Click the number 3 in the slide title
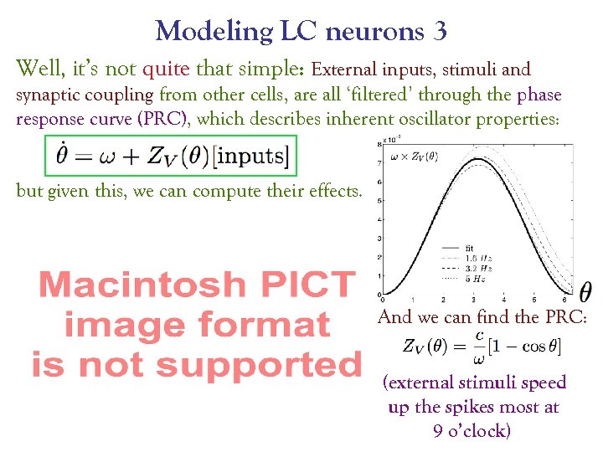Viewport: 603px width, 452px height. (x=440, y=32)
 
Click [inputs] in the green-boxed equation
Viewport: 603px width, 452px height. (x=260, y=157)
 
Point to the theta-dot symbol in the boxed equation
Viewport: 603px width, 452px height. (x=61, y=155)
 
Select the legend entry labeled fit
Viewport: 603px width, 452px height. (x=470, y=249)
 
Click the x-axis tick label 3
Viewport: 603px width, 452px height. (x=473, y=299)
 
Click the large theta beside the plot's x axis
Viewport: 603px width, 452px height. (x=585, y=291)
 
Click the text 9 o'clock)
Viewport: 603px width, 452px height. (x=473, y=430)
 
